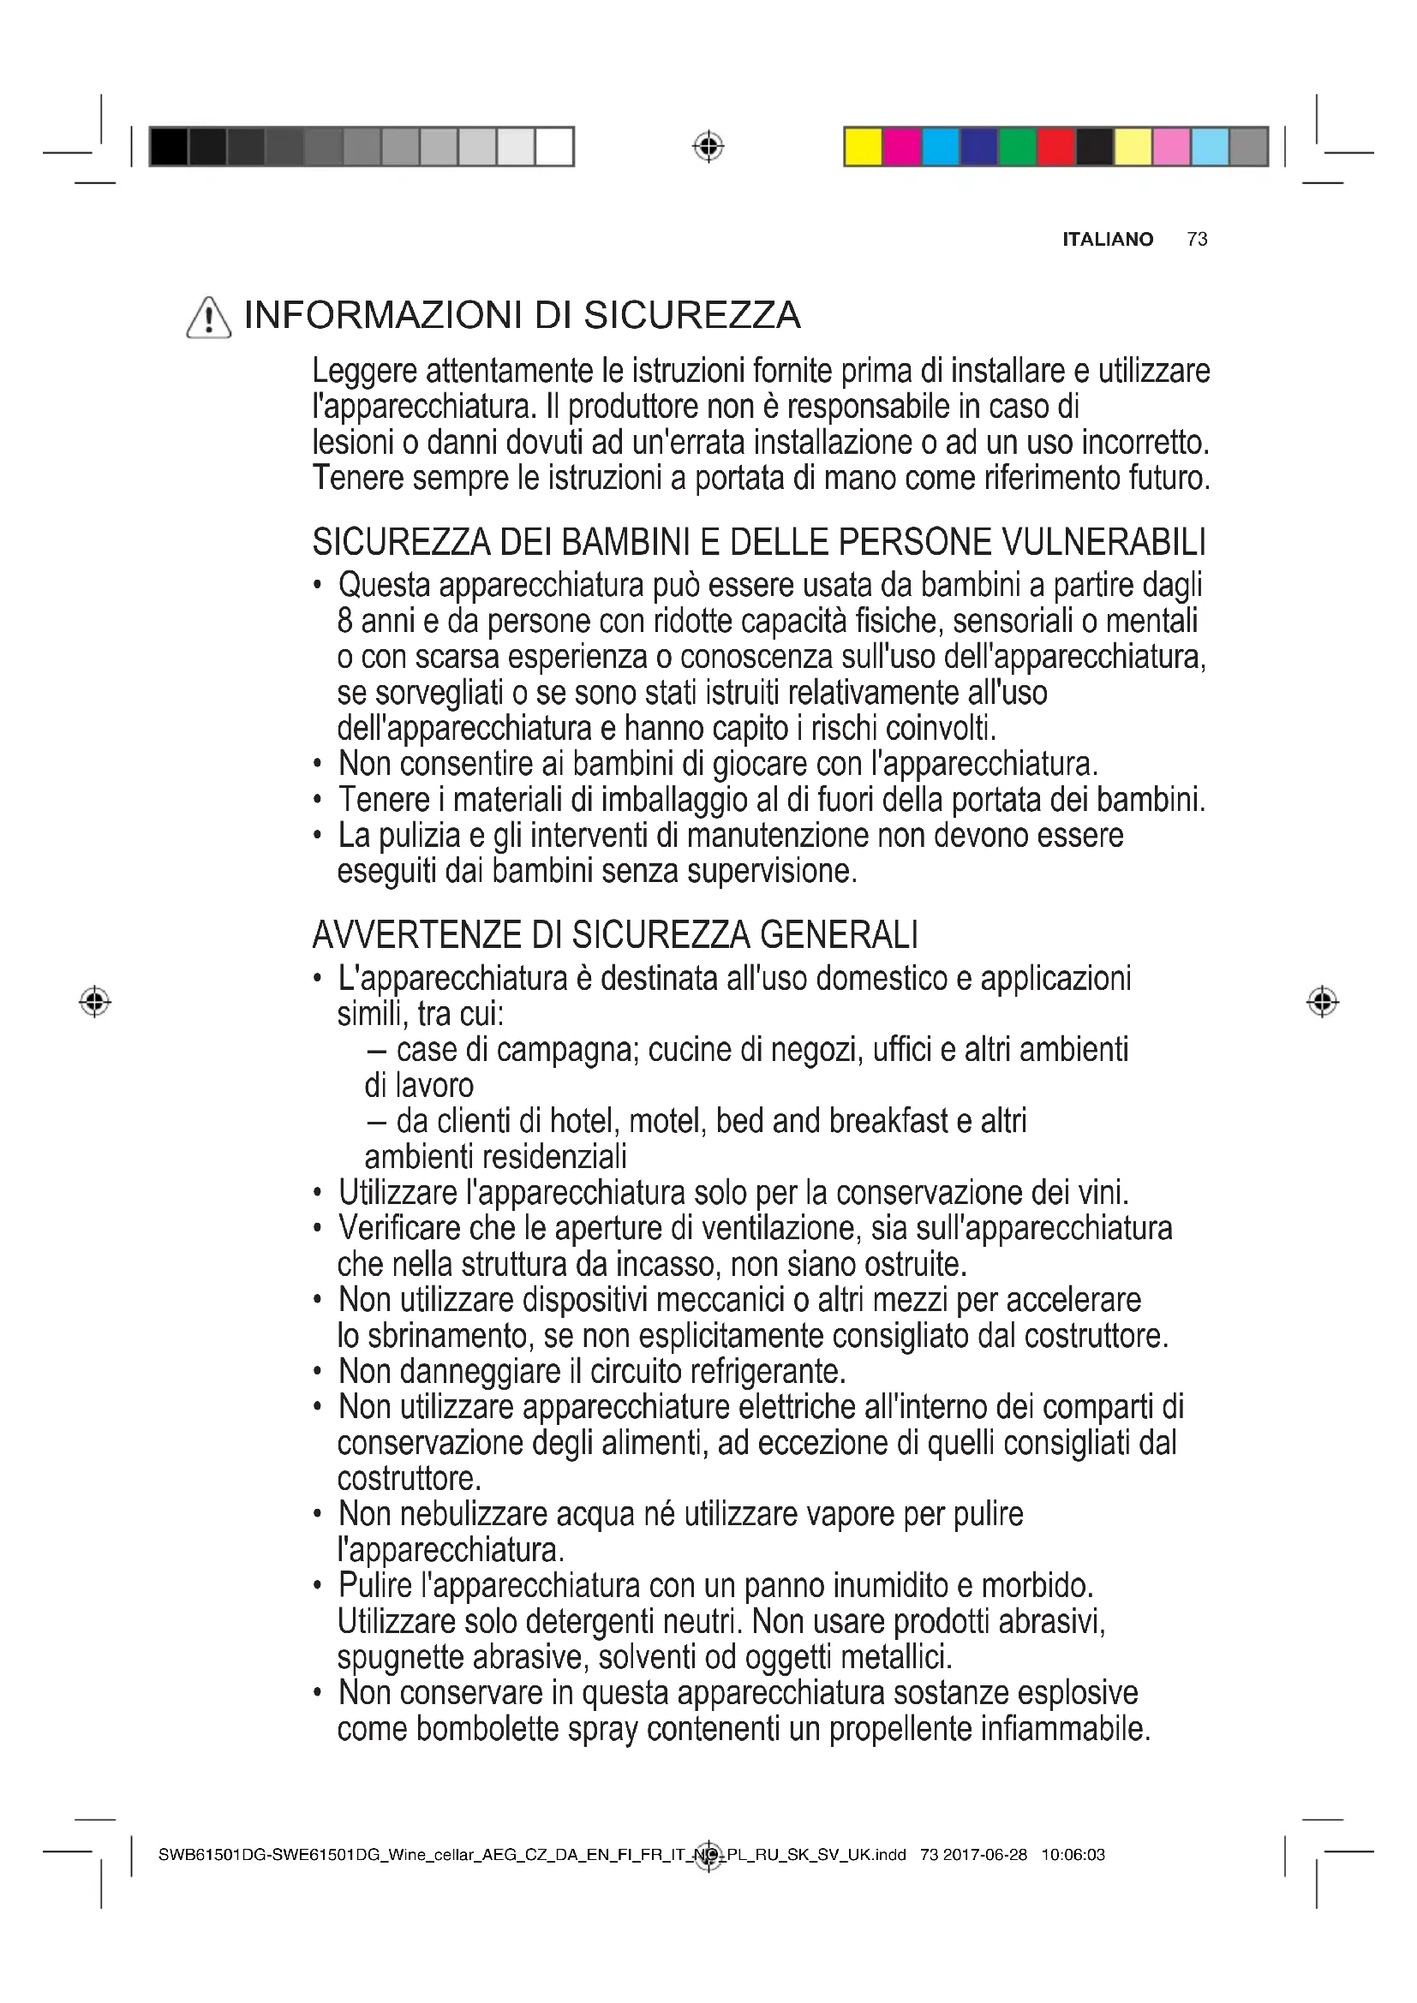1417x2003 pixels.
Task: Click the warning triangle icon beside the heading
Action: coord(208,318)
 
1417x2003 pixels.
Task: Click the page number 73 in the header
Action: coord(1197,239)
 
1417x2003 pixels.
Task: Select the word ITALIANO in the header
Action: coord(1107,239)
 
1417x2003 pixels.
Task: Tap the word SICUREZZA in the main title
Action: coord(692,316)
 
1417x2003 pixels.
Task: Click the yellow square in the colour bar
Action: coord(863,146)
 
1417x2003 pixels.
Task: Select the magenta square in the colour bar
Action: coord(901,146)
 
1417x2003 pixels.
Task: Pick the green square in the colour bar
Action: coord(1017,146)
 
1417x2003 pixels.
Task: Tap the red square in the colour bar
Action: coord(1055,146)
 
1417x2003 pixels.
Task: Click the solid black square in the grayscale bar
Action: coord(169,146)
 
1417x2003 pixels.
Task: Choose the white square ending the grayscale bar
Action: coord(554,146)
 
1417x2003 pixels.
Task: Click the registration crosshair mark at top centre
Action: coord(708,146)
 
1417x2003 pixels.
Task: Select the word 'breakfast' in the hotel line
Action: coord(888,1121)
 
